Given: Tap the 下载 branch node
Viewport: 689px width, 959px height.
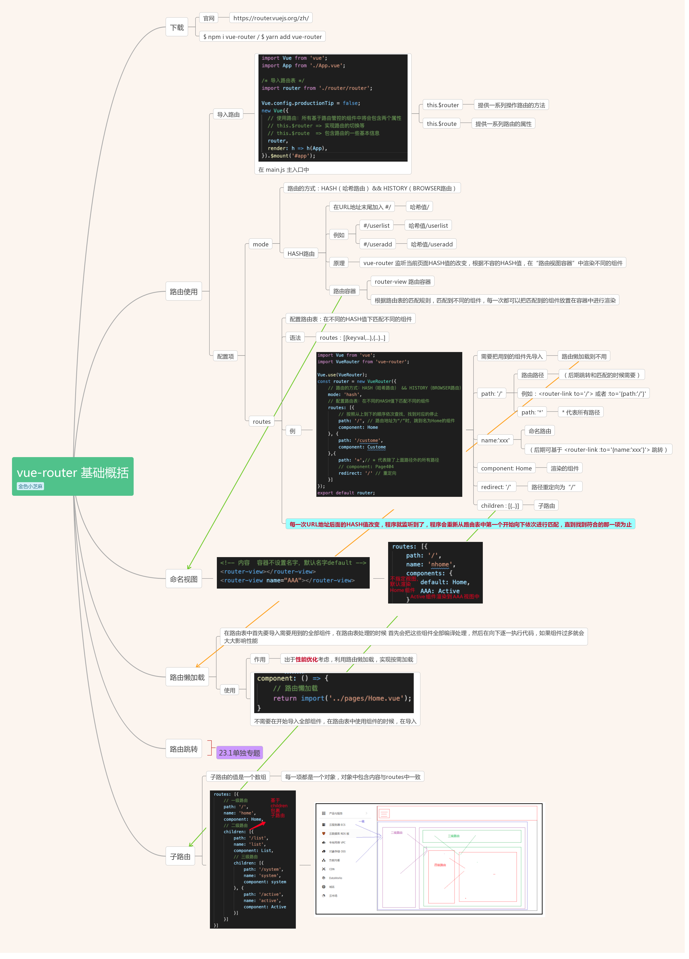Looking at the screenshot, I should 177,27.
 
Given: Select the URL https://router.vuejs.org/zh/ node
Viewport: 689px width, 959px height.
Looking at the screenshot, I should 271,18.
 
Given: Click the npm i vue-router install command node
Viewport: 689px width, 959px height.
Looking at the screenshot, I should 262,37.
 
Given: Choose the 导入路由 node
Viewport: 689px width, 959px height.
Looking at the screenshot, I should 228,115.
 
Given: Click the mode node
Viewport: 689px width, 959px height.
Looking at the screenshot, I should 261,244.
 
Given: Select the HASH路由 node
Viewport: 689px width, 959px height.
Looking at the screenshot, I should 301,254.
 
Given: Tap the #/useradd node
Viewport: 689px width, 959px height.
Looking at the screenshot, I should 377,244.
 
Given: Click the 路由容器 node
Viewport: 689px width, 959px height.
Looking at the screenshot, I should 344,291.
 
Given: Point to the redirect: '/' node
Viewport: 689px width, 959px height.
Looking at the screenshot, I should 496,487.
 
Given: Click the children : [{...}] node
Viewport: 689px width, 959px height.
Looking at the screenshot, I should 500,506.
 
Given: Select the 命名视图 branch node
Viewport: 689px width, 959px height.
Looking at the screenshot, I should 184,579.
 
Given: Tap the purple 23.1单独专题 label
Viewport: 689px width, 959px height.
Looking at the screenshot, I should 239,753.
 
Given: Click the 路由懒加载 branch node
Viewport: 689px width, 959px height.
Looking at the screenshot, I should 187,677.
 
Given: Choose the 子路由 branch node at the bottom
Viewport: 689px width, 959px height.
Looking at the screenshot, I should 180,857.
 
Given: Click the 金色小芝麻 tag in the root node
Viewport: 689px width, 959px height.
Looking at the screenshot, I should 30,486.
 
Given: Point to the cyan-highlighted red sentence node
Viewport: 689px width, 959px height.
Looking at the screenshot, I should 460,524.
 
